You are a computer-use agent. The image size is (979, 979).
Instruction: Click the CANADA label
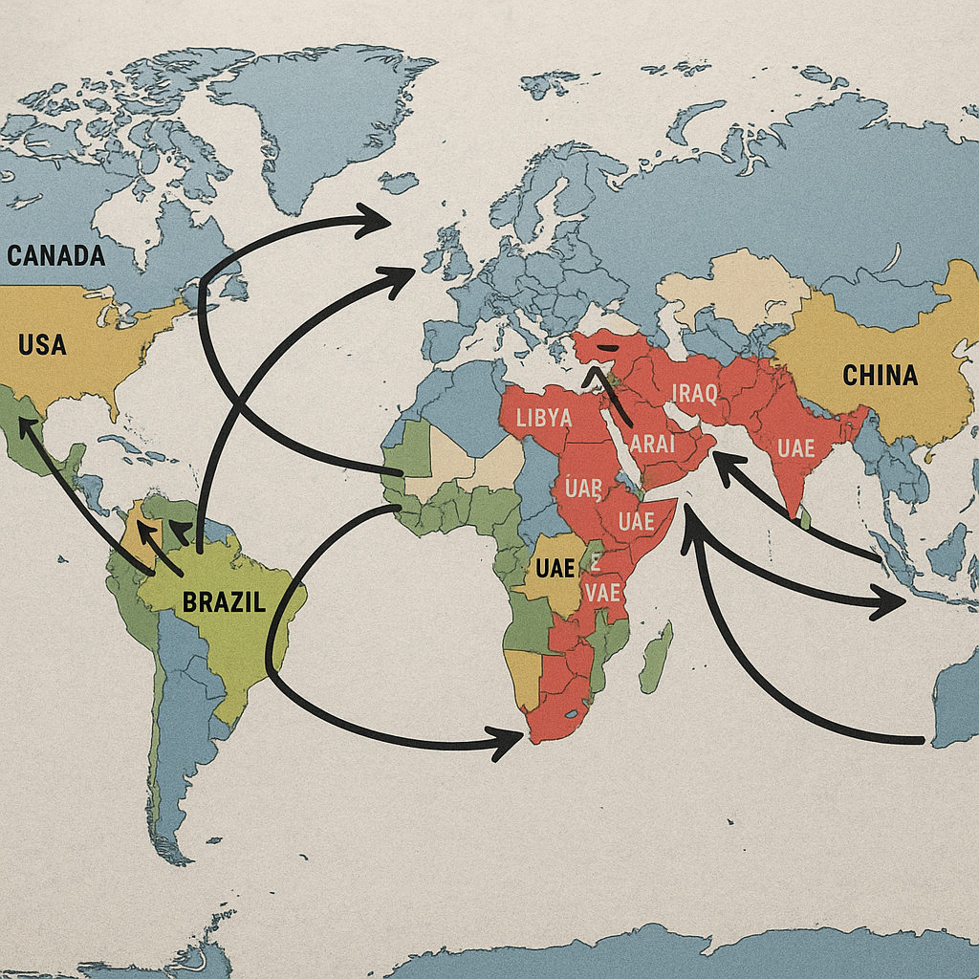click(x=55, y=256)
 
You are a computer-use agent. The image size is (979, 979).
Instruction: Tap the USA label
click(x=42, y=344)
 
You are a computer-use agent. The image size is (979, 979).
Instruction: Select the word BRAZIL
click(x=224, y=602)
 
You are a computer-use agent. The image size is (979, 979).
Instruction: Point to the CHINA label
click(x=880, y=375)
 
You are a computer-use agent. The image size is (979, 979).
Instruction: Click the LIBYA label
click(x=543, y=418)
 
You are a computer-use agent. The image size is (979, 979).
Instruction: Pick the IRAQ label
click(x=693, y=393)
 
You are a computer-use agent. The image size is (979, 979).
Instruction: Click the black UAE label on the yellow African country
click(x=555, y=568)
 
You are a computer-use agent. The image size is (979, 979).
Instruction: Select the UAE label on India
click(x=796, y=447)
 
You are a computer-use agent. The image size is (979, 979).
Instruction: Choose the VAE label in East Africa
click(x=602, y=593)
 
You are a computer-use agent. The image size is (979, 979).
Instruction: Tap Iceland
click(x=399, y=181)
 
